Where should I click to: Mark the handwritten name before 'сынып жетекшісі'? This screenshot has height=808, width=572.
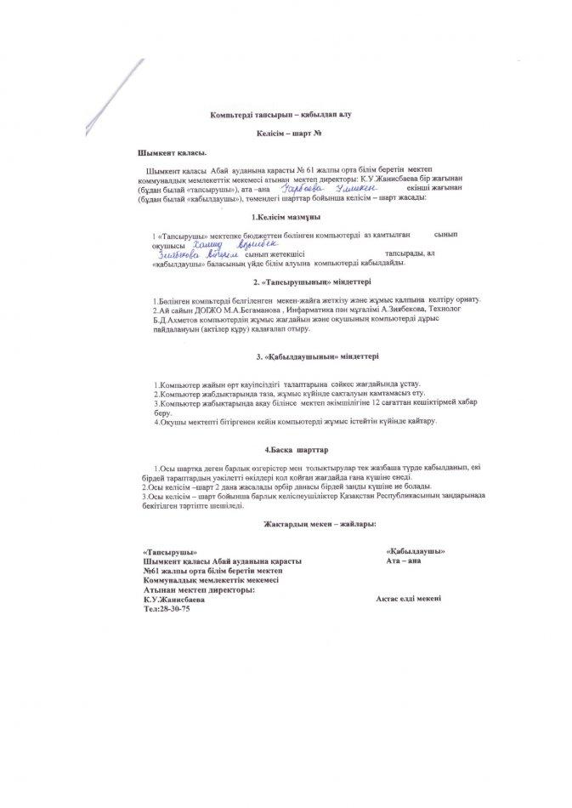[195, 253]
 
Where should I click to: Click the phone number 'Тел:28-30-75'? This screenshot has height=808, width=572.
[167, 610]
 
